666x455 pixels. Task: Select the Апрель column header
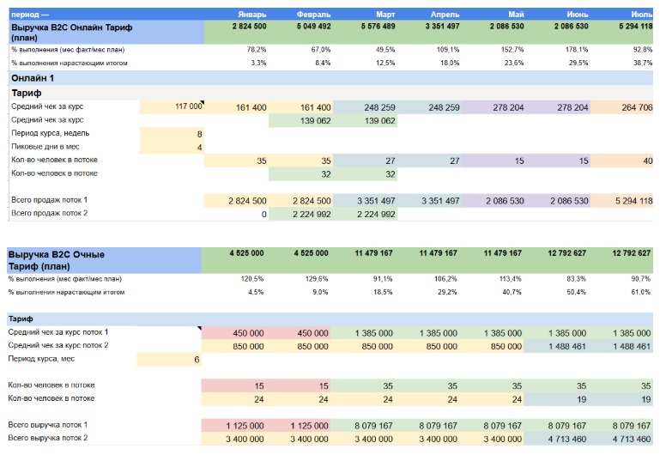click(x=444, y=15)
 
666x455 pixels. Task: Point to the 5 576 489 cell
click(x=375, y=27)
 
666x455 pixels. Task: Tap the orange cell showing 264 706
click(x=631, y=107)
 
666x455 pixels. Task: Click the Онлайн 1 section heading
click(x=33, y=78)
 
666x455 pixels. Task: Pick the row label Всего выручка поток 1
click(x=48, y=426)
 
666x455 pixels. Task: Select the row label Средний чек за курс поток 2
click(x=58, y=345)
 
